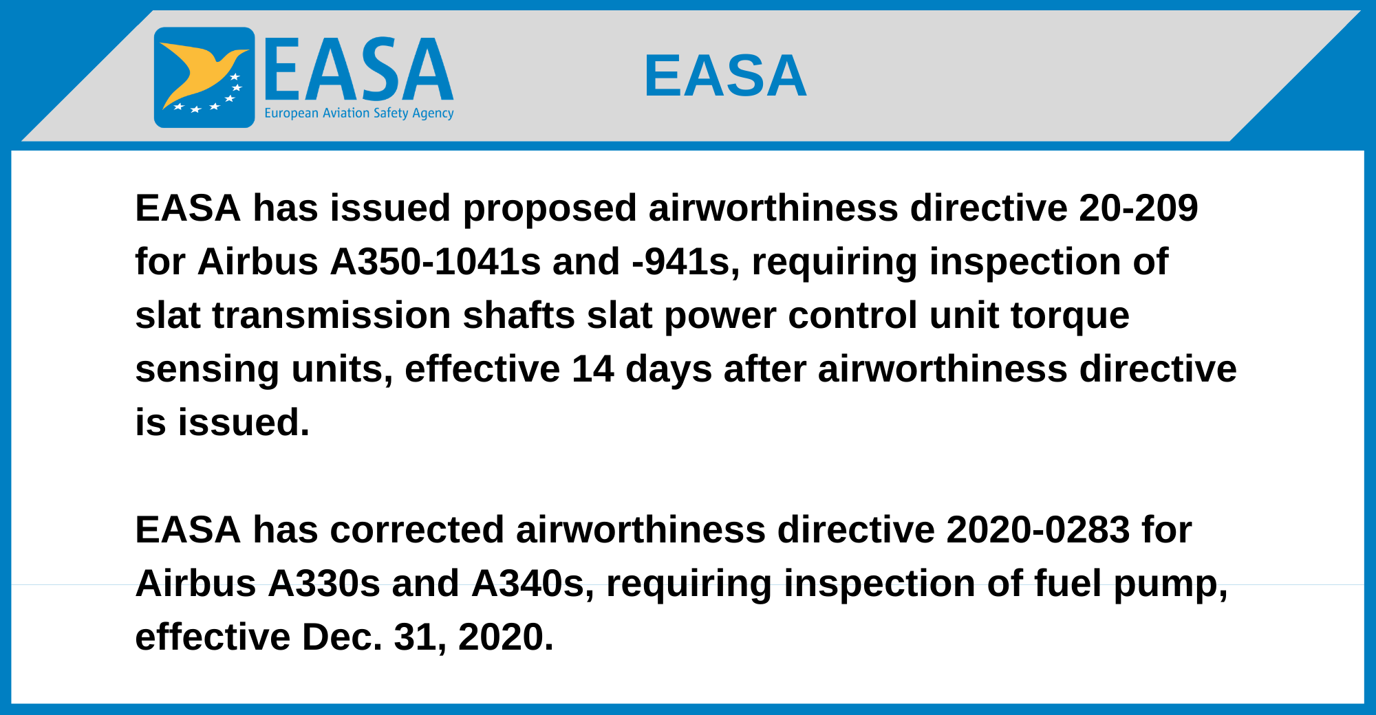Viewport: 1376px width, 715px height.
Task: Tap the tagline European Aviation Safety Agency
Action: coord(359,113)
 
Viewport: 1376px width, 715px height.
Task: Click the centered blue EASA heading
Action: coord(725,76)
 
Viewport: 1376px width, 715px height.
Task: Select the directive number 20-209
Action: coord(1139,208)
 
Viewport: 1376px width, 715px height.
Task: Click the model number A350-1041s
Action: coord(436,262)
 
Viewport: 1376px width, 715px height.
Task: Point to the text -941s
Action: coord(680,262)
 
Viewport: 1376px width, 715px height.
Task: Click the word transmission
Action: coord(332,316)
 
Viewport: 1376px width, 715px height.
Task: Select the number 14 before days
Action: coord(593,369)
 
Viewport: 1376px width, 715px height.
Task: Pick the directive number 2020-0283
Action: coord(1038,530)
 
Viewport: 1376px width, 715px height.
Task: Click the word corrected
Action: coord(417,530)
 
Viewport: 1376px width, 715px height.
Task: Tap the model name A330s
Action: coord(323,584)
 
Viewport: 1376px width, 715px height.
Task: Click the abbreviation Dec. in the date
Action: coord(342,637)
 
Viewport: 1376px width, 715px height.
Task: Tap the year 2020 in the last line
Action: coord(505,637)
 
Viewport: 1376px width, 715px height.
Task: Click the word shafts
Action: coord(519,316)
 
